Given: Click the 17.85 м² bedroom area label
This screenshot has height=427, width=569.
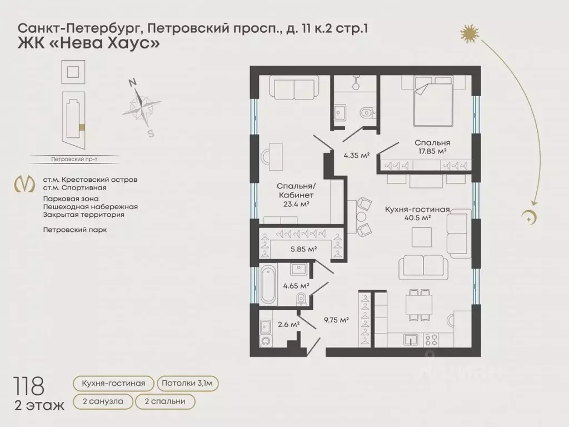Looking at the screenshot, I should point(432,151).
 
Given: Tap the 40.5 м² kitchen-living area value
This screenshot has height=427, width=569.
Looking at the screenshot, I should point(418,218).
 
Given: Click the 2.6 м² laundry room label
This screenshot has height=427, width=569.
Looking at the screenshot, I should point(288,324).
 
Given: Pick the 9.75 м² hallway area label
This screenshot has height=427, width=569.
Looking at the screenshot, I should point(336,320).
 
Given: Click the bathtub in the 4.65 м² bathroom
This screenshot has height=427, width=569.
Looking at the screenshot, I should point(268,284).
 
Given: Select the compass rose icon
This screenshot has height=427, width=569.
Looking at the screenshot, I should point(142,105).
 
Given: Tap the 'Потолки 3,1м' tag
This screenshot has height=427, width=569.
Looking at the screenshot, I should point(188,383).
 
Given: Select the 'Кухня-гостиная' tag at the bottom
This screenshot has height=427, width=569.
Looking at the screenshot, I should point(113,383).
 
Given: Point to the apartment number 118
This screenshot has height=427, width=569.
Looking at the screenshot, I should point(31,385).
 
